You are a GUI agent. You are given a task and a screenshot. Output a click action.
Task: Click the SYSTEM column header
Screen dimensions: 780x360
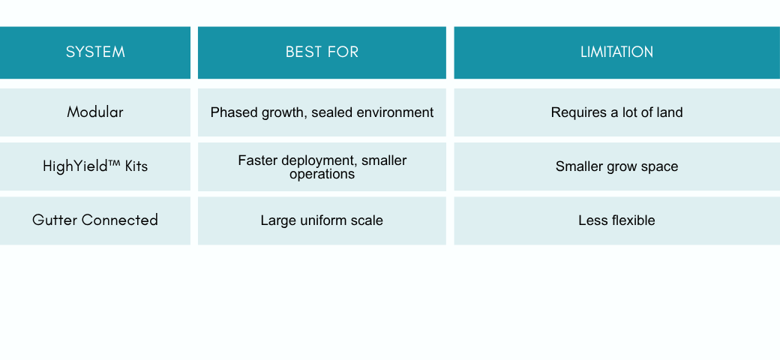pos(95,52)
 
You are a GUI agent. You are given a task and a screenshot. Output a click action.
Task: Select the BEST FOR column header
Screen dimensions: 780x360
pos(322,52)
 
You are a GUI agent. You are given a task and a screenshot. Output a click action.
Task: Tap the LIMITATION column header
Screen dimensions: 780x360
pos(616,52)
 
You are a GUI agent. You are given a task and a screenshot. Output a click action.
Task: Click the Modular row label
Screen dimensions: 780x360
pos(95,112)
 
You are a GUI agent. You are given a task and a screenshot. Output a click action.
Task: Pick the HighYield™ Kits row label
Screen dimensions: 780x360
pos(95,166)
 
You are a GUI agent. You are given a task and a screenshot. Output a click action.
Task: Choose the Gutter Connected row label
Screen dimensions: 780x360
pos(95,220)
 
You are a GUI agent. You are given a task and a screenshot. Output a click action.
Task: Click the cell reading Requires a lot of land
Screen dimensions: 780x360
pos(616,112)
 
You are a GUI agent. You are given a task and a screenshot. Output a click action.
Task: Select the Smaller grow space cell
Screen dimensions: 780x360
pos(616,166)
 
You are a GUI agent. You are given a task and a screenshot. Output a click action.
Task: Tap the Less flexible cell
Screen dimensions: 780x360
pos(616,220)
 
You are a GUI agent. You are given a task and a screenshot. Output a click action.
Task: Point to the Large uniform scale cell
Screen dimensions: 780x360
pos(322,220)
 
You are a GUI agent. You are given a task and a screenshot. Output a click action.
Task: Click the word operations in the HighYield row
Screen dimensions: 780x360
pos(322,175)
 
